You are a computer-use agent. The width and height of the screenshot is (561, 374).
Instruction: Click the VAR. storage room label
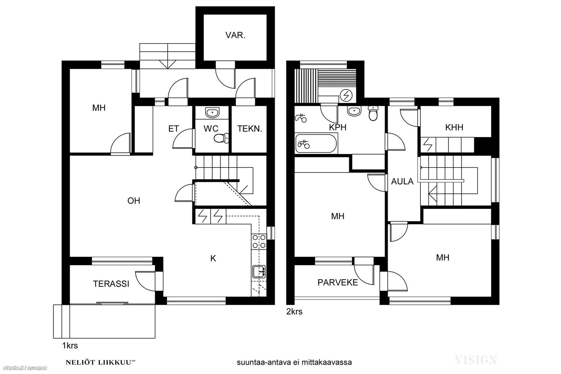(x=235, y=35)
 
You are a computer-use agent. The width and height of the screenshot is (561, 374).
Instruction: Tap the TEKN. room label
(x=249, y=129)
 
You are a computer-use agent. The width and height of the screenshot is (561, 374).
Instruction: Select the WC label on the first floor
(x=211, y=129)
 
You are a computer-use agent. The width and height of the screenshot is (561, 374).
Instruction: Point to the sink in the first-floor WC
(x=212, y=113)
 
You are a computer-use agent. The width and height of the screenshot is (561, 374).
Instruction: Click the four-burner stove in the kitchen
(x=259, y=241)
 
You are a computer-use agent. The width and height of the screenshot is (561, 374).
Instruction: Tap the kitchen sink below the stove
(x=259, y=272)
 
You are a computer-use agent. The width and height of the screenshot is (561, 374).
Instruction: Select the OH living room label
(x=134, y=201)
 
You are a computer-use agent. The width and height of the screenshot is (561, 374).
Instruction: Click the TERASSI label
(x=111, y=284)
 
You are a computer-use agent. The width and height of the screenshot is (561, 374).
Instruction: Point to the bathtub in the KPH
(x=316, y=143)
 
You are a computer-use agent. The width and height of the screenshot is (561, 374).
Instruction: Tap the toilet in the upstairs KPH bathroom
(x=373, y=113)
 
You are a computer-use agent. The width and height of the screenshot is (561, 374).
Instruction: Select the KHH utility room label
(x=454, y=128)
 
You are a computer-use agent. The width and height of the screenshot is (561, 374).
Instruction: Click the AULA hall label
(x=402, y=182)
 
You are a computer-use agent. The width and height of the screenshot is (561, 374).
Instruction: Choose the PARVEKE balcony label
(x=338, y=283)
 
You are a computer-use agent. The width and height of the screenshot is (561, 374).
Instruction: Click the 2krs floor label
(x=294, y=312)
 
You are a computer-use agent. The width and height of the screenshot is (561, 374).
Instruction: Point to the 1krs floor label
(x=70, y=346)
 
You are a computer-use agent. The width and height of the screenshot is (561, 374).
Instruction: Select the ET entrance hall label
(x=173, y=129)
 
